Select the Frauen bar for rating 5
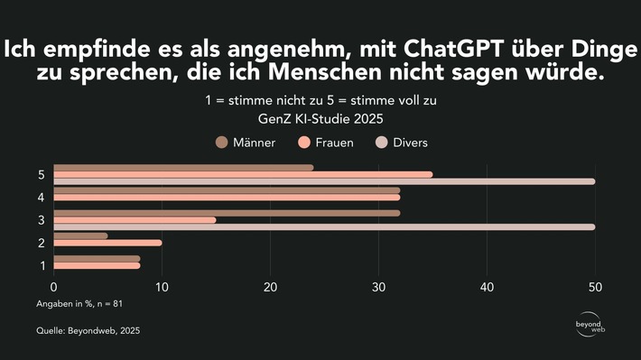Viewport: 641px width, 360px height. (x=243, y=174)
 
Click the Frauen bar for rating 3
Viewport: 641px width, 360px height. (x=135, y=219)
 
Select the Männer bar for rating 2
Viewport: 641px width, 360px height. (x=80, y=235)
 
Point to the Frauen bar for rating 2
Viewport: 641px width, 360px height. (x=107, y=243)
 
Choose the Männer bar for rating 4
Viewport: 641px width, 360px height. (x=227, y=189)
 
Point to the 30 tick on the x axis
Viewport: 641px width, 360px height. (x=378, y=287)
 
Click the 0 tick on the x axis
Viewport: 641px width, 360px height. (x=54, y=287)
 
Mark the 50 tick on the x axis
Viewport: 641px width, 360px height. (x=594, y=287)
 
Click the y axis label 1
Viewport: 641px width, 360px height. (x=42, y=265)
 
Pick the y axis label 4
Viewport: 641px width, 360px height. (x=42, y=198)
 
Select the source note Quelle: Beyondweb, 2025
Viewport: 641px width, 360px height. (x=88, y=331)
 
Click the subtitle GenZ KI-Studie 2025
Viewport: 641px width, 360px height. (x=320, y=117)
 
